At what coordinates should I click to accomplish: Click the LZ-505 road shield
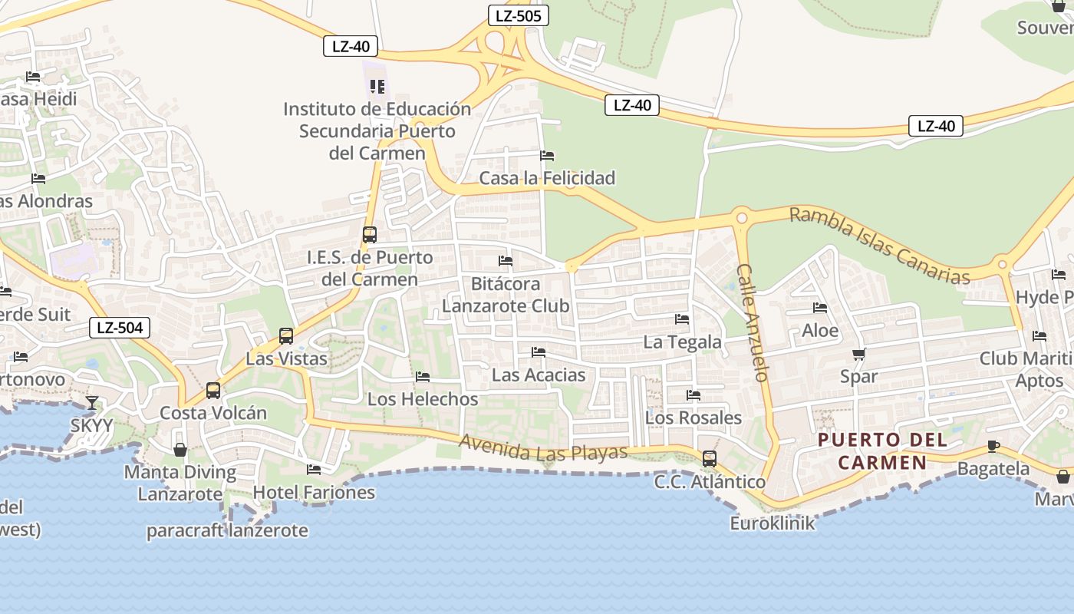click(x=519, y=15)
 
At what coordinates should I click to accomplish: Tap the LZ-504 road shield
click(x=120, y=328)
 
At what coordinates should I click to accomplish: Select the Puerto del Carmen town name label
click(x=881, y=451)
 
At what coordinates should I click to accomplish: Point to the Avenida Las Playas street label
click(x=543, y=448)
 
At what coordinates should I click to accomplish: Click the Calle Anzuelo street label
click(x=753, y=322)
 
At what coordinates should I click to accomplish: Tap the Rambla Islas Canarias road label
click(x=880, y=245)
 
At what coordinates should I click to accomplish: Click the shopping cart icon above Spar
click(x=858, y=355)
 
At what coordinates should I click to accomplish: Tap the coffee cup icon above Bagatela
click(x=993, y=446)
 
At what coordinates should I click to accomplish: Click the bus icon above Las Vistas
click(x=286, y=335)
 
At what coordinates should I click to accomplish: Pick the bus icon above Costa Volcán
click(x=213, y=390)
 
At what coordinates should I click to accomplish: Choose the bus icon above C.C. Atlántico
click(x=710, y=459)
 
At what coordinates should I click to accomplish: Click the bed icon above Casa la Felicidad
click(x=547, y=155)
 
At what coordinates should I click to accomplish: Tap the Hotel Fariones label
click(x=314, y=492)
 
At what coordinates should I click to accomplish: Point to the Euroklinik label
click(x=772, y=523)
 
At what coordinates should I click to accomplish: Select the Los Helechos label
click(x=423, y=399)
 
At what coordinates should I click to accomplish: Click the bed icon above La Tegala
click(x=682, y=319)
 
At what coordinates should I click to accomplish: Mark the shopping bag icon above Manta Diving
click(x=180, y=450)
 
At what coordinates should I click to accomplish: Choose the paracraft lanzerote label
click(x=227, y=530)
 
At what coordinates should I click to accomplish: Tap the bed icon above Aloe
click(x=820, y=309)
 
